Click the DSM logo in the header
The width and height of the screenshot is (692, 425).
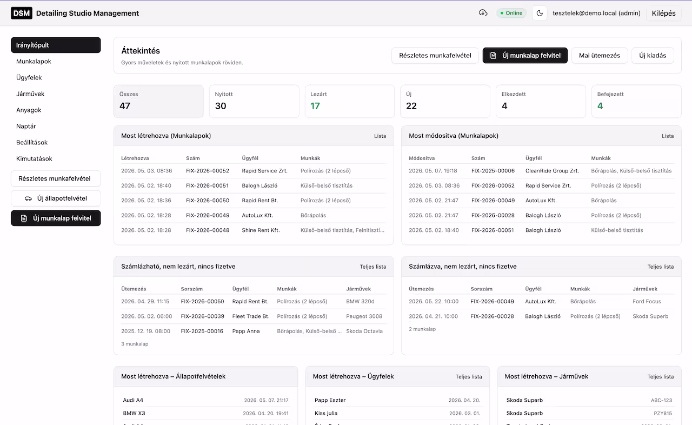[x=21, y=13]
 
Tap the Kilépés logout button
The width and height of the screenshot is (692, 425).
[x=663, y=13]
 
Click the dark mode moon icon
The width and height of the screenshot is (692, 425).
[x=540, y=13]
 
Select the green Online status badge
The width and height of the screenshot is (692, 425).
[x=511, y=13]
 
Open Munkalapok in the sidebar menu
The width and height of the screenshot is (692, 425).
[x=34, y=61]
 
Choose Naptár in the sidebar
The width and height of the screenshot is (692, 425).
[x=26, y=126]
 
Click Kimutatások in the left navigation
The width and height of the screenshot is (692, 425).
[x=34, y=158]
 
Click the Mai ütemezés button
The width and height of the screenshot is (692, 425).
[x=600, y=55]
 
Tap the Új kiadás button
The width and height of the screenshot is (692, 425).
[x=653, y=55]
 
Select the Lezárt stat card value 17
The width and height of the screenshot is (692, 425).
[x=315, y=106]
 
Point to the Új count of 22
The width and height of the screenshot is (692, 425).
[x=411, y=106]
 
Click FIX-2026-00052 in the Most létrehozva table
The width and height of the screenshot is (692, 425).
[x=208, y=170]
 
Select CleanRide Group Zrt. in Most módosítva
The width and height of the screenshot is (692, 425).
[x=552, y=170]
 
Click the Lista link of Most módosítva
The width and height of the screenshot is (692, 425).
[x=668, y=136]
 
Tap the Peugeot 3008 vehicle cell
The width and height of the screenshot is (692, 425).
[x=364, y=316]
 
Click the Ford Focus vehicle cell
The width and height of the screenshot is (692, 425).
[x=647, y=302]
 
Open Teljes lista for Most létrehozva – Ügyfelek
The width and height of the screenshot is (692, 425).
[x=469, y=376]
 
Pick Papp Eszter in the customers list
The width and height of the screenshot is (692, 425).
[x=330, y=400]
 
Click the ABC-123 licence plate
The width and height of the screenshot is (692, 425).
[x=661, y=400]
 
